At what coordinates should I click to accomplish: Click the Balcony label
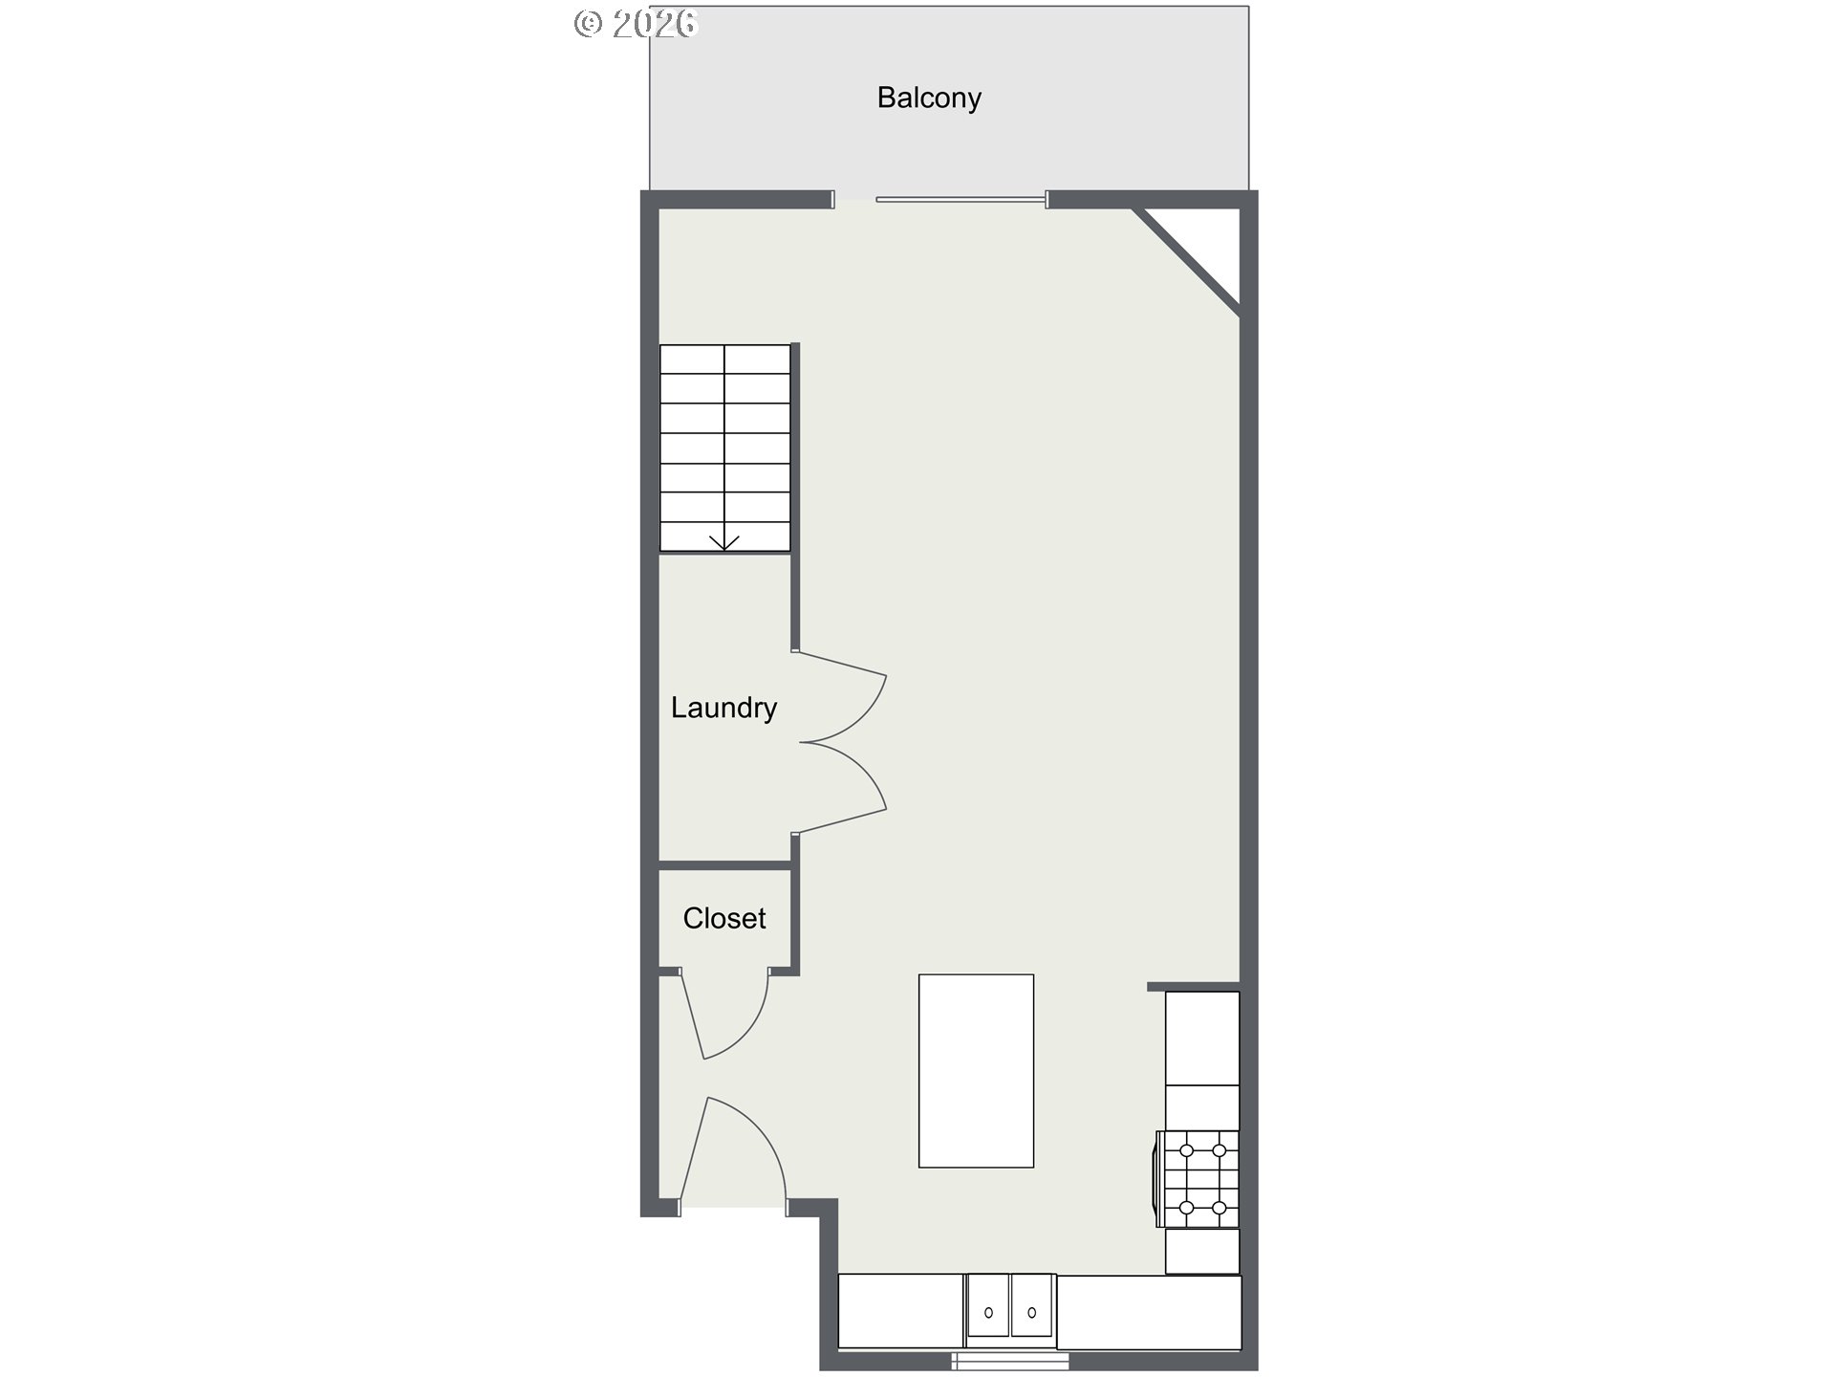pos(929,98)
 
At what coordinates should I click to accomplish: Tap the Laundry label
pos(723,709)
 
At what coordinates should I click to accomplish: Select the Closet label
pos(724,918)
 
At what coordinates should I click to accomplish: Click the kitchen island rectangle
pos(976,1071)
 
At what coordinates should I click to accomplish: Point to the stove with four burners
pos(1198,1179)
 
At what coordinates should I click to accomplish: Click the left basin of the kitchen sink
pos(988,1305)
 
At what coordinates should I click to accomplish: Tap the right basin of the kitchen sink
pos(1032,1305)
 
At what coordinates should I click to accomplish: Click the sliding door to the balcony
pos(961,199)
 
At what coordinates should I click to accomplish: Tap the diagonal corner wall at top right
pos(1186,259)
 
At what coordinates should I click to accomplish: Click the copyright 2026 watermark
pos(636,23)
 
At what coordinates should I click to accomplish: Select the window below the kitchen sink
pos(1011,1360)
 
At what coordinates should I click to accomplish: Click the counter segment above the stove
pos(1202,1038)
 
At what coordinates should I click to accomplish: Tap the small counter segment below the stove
pos(1202,1251)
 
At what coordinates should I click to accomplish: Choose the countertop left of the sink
pos(900,1311)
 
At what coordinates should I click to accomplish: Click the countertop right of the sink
pos(1149,1311)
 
